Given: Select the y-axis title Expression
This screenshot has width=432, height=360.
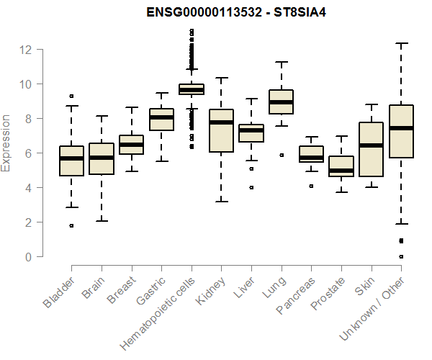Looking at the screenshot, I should (6, 143).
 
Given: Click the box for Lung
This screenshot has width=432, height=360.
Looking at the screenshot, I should (281, 102).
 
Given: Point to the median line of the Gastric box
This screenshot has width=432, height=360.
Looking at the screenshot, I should (161, 117).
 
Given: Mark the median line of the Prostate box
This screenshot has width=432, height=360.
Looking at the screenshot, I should (341, 171).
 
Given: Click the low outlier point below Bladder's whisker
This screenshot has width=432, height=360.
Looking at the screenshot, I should (71, 225).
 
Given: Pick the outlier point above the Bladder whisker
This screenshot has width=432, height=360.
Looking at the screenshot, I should (71, 96).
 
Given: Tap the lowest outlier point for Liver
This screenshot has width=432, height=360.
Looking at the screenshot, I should (251, 187).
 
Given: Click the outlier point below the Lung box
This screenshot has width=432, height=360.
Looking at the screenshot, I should (281, 155).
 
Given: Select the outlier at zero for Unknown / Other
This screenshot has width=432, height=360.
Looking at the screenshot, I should (401, 256).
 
